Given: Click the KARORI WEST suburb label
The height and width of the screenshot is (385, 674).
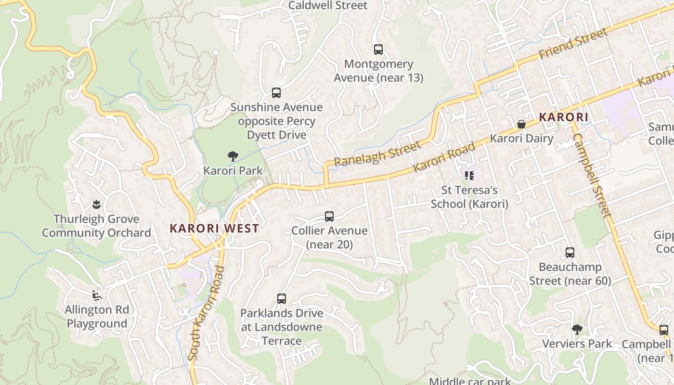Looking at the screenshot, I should pyautogui.click(x=214, y=228).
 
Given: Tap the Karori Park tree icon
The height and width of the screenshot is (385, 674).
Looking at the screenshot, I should pyautogui.click(x=233, y=156).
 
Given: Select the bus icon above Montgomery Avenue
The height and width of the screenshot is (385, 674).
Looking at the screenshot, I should pyautogui.click(x=378, y=49).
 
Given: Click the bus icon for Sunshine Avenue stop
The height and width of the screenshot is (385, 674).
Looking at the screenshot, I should pyautogui.click(x=276, y=92).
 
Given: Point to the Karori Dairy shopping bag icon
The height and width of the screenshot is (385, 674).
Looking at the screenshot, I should pyautogui.click(x=521, y=124).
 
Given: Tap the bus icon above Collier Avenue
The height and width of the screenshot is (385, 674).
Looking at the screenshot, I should pyautogui.click(x=329, y=217).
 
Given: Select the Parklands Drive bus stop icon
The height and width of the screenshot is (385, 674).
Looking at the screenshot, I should pyautogui.click(x=282, y=299).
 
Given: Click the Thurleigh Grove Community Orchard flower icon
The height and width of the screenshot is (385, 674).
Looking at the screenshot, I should pyautogui.click(x=96, y=205).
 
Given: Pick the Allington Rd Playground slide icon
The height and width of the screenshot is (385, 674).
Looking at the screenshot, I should pyautogui.click(x=96, y=295).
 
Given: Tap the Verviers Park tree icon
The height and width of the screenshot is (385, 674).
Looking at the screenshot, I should pyautogui.click(x=577, y=330).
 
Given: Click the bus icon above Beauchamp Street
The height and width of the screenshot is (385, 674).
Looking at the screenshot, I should pyautogui.click(x=570, y=253).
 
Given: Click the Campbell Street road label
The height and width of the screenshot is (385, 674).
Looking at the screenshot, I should pyautogui.click(x=592, y=176).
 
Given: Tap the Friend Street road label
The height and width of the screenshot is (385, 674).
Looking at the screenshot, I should pyautogui.click(x=573, y=44).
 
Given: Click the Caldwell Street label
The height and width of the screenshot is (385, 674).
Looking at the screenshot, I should pyautogui.click(x=328, y=5).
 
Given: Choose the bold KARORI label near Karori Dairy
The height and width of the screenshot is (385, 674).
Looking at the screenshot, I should pyautogui.click(x=563, y=117).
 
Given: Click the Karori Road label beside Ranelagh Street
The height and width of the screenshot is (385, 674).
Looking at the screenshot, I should pyautogui.click(x=444, y=157).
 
